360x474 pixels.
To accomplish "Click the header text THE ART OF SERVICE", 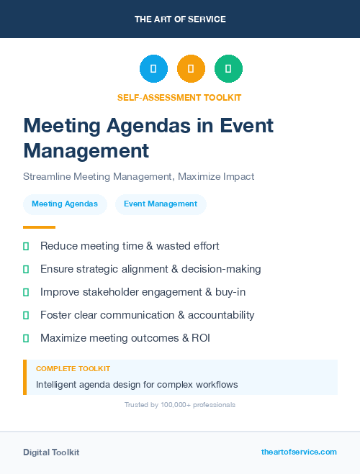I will coord(180,19).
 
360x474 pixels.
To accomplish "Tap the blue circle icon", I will coord(153,69).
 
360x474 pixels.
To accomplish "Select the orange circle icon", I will coord(191,69).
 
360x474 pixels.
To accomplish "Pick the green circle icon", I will coord(228,69).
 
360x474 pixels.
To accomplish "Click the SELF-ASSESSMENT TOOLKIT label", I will coord(180,97).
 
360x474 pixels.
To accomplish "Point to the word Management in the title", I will coord(86,151).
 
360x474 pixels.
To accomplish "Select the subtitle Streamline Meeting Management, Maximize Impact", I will coord(139,176).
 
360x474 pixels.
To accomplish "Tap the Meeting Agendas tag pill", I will coord(65,204).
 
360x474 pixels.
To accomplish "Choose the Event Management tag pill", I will coord(161,204).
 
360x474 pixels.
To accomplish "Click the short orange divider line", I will coord(39,227).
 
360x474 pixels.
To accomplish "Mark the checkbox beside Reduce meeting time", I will coord(26,246).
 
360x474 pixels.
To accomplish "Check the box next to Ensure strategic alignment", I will coord(26,269).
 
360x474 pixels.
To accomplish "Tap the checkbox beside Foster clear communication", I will coord(26,315).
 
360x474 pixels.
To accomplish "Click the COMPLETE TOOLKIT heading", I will coord(73,368).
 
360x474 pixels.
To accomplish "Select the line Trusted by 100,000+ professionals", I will coord(180,405).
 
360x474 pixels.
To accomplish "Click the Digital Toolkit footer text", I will coord(51,452).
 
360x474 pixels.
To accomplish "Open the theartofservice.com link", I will coord(299,452).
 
